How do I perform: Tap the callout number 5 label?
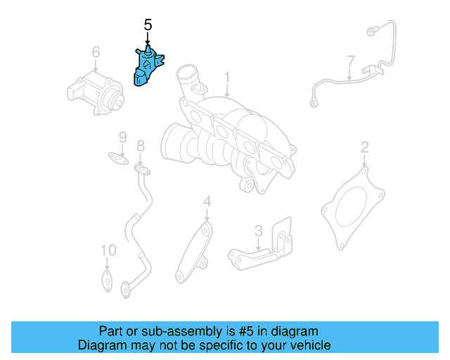tap(148, 25)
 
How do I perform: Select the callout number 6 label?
tap(96, 52)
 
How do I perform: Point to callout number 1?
tap(227, 76)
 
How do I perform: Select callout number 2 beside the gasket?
tap(364, 147)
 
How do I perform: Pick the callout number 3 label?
tap(258, 230)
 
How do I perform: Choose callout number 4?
tap(207, 202)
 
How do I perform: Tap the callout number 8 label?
tap(140, 146)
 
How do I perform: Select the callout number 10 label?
tap(107, 250)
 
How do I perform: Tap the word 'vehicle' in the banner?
tap(309, 345)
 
